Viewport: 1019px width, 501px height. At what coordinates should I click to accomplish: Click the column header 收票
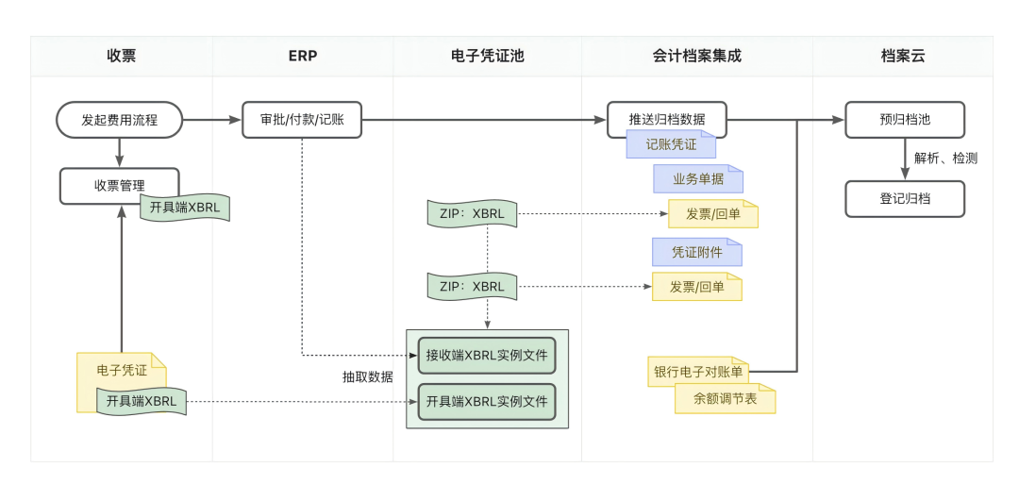[121, 56]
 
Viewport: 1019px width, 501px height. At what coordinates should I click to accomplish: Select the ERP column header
[302, 56]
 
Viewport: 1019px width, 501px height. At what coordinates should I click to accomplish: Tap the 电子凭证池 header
[487, 56]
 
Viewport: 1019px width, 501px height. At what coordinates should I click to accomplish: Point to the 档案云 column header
[902, 56]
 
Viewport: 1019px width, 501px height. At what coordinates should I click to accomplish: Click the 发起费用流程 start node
[119, 120]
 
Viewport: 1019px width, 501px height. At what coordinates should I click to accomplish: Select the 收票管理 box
[119, 185]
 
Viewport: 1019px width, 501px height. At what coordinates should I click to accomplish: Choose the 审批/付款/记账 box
[302, 120]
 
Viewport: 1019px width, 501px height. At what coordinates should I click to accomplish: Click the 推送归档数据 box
[666, 120]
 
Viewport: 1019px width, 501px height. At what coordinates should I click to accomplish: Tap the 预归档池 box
[904, 120]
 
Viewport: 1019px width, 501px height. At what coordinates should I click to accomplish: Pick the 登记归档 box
[904, 199]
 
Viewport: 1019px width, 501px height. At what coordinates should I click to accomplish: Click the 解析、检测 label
[945, 159]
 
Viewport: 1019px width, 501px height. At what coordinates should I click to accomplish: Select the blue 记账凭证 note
[671, 144]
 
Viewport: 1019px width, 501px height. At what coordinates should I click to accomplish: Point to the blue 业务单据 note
[698, 179]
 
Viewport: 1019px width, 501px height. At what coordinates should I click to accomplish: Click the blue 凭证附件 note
[696, 252]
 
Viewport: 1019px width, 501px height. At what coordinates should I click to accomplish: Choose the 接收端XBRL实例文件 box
[487, 356]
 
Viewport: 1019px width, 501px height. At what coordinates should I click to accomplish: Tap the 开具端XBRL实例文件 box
[487, 401]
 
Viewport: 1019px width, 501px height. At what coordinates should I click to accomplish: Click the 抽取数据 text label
[367, 376]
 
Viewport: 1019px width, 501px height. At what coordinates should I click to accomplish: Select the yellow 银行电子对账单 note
[697, 372]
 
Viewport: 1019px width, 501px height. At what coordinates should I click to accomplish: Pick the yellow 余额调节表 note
[725, 399]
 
